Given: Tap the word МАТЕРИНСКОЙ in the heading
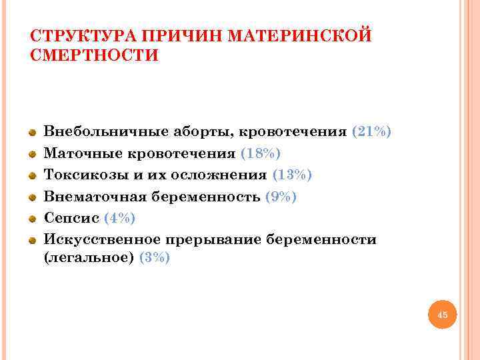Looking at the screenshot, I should [299, 35].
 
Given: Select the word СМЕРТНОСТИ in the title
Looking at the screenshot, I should [95, 55].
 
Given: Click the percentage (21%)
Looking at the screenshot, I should [371, 132].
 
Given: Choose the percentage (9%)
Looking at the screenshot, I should [281, 197].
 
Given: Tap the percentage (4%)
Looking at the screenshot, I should [120, 218].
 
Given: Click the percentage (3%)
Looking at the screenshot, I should [154, 259].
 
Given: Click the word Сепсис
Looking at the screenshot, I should [71, 218].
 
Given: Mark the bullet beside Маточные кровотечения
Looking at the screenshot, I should [31, 154].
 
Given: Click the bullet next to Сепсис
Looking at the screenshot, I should [31, 218].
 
